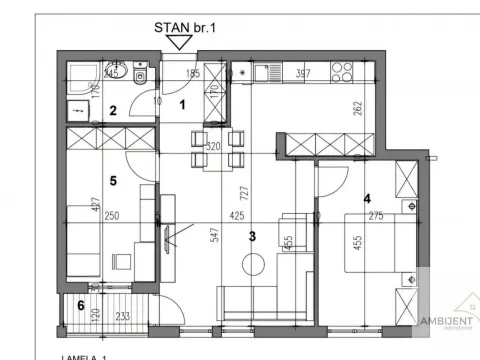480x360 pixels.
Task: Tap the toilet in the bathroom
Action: pyautogui.click(x=143, y=76)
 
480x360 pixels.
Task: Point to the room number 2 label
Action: pyautogui.click(x=114, y=111)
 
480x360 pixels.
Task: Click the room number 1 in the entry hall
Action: pyautogui.click(x=183, y=103)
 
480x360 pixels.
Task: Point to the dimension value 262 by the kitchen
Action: pyautogui.click(x=357, y=110)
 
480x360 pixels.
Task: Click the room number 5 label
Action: pyautogui.click(x=114, y=181)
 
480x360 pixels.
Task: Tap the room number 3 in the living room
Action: pyautogui.click(x=254, y=236)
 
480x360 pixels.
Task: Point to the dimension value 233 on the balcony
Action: pyautogui.click(x=120, y=315)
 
